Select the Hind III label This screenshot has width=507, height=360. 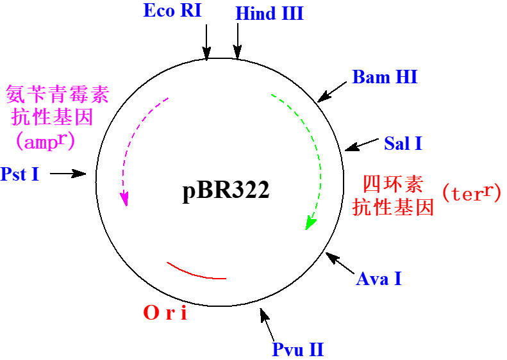269,13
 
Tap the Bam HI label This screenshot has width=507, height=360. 385,78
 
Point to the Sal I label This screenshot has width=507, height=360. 403,143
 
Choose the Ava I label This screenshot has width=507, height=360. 379,279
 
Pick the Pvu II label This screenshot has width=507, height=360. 298,350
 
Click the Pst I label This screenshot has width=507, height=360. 20,174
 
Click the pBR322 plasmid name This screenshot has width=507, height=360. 226,191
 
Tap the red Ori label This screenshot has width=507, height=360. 166,313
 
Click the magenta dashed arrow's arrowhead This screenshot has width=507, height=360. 125,200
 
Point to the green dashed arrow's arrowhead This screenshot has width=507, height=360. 310,223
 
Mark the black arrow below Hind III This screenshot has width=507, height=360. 238,43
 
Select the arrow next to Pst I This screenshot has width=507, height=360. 68,173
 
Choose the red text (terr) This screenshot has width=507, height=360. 471,193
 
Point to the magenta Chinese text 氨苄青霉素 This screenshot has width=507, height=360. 58,95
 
